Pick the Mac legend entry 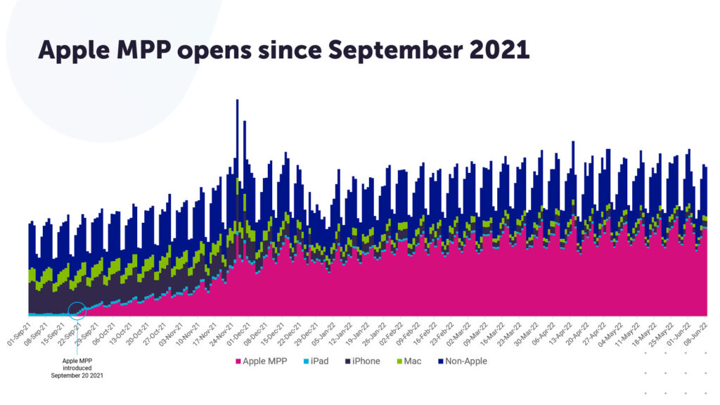tap(409, 361)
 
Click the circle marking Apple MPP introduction tap(77, 309)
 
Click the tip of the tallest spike tap(237, 100)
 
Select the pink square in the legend tap(238, 361)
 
